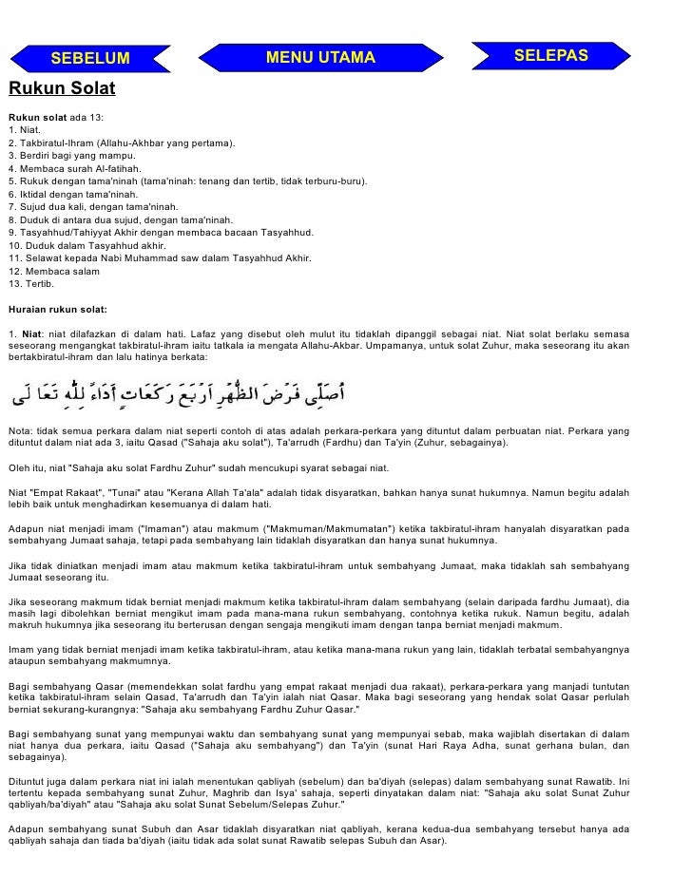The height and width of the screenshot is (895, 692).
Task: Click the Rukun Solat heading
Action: [x=62, y=90]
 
